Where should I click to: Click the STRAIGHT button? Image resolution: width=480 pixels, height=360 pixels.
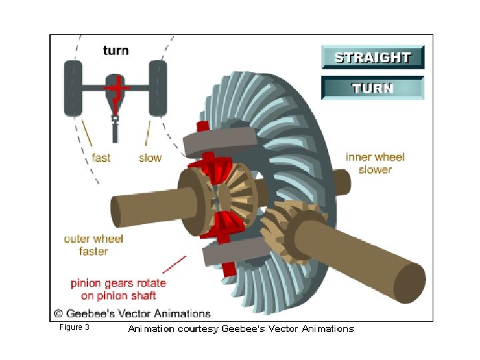click(372, 57)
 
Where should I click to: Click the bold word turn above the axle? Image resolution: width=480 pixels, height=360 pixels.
click(115, 50)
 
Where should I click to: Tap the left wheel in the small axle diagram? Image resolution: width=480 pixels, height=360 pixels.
click(73, 87)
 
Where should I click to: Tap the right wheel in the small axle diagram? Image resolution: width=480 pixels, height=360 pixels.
click(158, 87)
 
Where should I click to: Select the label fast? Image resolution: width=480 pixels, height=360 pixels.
click(101, 158)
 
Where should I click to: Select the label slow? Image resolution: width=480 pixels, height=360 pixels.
click(150, 158)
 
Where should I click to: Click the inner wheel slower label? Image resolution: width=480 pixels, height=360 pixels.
click(375, 163)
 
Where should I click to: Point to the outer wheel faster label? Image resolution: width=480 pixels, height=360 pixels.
click(93, 245)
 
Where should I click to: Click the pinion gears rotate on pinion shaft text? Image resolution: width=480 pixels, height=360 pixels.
click(118, 289)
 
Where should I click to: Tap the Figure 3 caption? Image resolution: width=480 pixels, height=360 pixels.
click(74, 327)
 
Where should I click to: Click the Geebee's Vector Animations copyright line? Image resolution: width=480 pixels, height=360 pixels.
click(132, 313)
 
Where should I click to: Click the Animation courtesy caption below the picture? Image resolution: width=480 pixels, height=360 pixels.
click(241, 329)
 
